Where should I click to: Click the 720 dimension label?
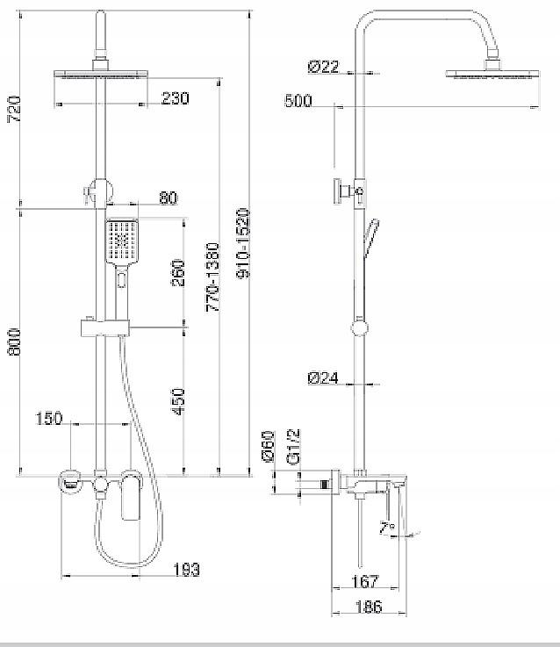click(14, 109)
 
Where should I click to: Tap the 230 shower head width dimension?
click(176, 98)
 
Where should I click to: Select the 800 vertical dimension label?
click(14, 342)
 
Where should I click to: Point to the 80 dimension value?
click(169, 198)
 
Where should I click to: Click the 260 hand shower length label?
click(178, 273)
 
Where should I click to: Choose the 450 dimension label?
click(178, 401)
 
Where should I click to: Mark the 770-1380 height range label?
click(213, 277)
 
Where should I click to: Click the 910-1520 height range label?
click(243, 243)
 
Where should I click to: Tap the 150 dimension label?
click(49, 419)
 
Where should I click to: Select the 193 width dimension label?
click(187, 570)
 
